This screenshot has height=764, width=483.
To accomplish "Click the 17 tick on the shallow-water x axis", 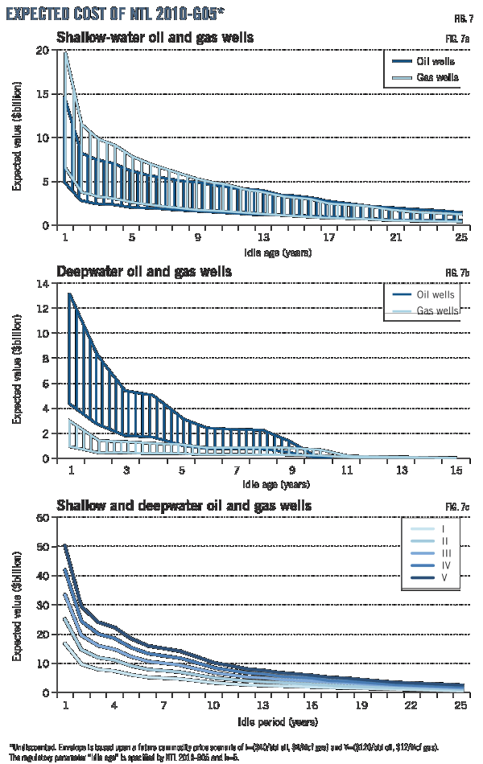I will [x=328, y=238].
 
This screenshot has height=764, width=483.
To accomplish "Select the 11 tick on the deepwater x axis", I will [x=346, y=470].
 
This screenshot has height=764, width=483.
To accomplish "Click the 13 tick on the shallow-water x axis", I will [x=263, y=238].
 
